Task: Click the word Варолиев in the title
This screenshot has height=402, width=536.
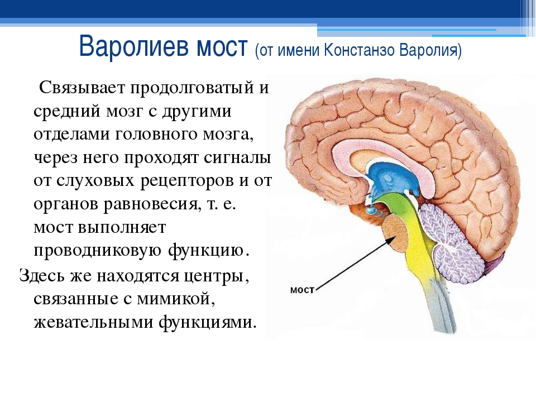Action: [x=134, y=46]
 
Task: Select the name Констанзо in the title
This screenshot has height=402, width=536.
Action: [x=359, y=50]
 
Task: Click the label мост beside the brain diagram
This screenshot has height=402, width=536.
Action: [x=302, y=290]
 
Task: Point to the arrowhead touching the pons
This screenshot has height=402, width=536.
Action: [x=390, y=240]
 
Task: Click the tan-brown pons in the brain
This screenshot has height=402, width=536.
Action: [x=395, y=233]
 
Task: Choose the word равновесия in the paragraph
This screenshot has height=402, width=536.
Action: [x=150, y=205]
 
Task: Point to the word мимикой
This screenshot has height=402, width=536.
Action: [x=176, y=299]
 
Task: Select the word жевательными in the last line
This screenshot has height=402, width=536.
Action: [x=93, y=322]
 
